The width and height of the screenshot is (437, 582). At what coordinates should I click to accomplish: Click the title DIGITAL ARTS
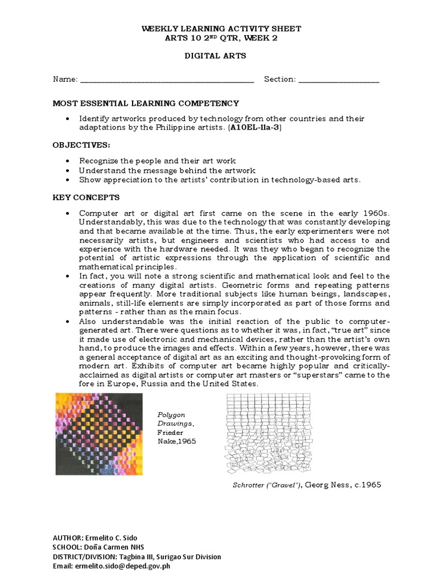218,57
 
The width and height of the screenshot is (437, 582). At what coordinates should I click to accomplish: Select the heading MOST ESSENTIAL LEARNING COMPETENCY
146,103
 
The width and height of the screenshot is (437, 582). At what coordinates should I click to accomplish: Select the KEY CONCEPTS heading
86,197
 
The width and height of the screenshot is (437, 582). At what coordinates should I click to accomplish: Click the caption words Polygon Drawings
171,419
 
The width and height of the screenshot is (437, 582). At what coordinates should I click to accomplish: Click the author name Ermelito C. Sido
117,537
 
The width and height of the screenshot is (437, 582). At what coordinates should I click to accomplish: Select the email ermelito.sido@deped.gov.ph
123,566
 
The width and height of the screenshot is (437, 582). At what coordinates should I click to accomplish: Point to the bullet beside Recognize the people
68,161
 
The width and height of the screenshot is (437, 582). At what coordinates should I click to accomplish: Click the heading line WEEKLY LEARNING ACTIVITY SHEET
218,28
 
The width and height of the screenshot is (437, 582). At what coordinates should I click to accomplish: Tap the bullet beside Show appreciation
68,180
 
